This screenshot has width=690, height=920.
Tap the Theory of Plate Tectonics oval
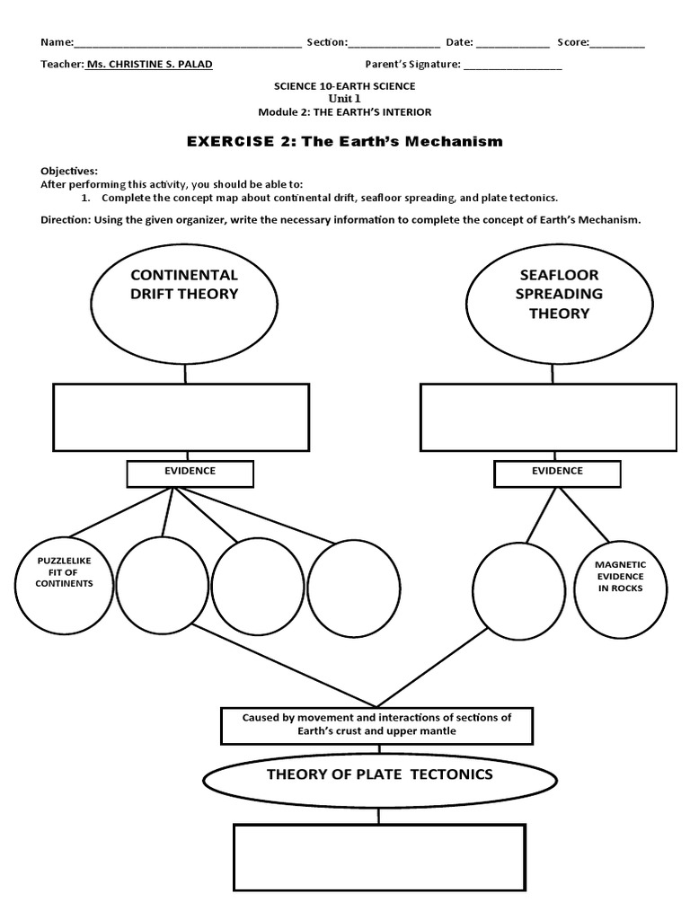379,775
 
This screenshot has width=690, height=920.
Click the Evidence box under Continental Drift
190,472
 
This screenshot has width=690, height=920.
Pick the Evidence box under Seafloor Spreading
557,472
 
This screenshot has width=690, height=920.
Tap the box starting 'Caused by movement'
376,725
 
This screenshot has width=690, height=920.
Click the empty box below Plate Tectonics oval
379,857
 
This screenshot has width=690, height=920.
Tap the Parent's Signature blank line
512,66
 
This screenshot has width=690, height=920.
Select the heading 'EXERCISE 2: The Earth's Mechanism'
344,141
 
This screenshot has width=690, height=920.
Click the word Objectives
69,171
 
